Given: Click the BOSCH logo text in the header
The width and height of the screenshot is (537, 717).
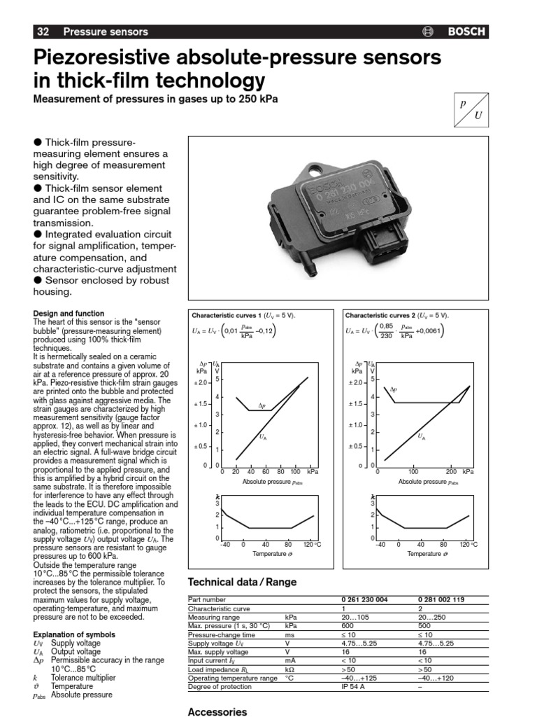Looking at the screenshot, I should (467, 32).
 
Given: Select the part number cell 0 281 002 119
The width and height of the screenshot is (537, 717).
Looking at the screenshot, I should (441, 600).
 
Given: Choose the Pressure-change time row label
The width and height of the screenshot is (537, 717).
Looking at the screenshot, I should (217, 634).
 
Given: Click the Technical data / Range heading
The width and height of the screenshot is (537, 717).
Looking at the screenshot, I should (243, 582).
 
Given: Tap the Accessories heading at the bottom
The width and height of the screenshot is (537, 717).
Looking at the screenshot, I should (217, 711).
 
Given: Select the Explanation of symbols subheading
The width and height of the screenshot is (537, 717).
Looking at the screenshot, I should (70, 634).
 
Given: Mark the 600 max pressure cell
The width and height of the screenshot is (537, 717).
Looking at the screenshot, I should (348, 626).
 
